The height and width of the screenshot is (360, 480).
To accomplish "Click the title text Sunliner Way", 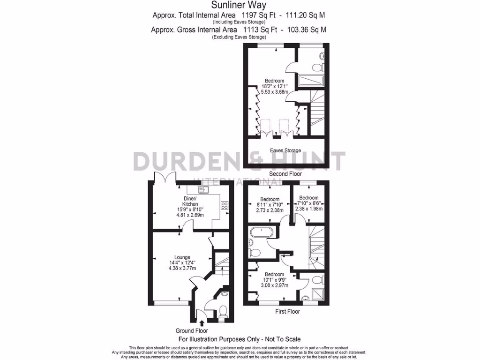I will (x=239, y=6).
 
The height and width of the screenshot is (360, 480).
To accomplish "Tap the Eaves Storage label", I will (x=285, y=150).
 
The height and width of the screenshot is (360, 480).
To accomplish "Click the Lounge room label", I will (x=182, y=257).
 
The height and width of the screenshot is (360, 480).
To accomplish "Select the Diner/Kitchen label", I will (x=190, y=201).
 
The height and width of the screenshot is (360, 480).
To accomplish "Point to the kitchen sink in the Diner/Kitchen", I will (x=204, y=189).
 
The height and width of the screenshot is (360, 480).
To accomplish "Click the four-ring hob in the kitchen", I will (x=224, y=205).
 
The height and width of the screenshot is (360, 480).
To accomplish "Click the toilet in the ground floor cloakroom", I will (x=223, y=311).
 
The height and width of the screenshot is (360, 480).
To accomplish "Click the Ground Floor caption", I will (x=192, y=330).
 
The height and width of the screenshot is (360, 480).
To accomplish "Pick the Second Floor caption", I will (x=285, y=174).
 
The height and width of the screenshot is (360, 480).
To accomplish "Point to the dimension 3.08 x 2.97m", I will (x=274, y=285).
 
